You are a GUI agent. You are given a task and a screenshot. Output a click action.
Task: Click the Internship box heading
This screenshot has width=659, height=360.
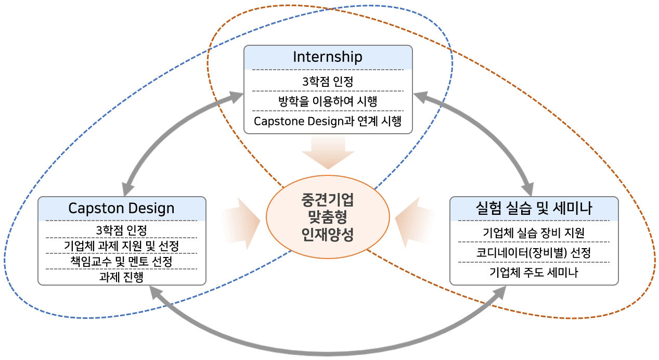pos(328,57)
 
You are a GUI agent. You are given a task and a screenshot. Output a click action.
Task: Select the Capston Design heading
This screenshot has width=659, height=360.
pos(121,208)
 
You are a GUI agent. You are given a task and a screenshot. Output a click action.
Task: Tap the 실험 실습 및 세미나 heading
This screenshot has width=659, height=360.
pos(534,208)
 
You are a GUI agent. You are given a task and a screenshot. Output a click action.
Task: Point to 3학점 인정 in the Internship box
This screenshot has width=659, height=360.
pos(328,81)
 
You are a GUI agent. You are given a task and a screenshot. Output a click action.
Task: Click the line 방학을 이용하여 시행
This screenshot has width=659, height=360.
pos(328,101)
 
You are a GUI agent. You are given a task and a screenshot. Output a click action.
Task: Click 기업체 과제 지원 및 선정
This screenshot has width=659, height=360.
pos(121,245)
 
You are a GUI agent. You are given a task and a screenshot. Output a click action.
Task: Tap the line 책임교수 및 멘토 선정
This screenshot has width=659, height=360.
pos(121,260)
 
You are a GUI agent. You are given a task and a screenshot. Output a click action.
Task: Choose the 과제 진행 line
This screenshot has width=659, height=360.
pos(121,276)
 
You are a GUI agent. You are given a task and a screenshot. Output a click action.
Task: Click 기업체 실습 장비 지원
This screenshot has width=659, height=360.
pos(534,232)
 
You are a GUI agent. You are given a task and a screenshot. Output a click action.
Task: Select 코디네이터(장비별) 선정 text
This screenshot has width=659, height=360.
pos(534,252)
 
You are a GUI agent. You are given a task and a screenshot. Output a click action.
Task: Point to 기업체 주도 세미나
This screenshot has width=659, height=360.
pos(534,273)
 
